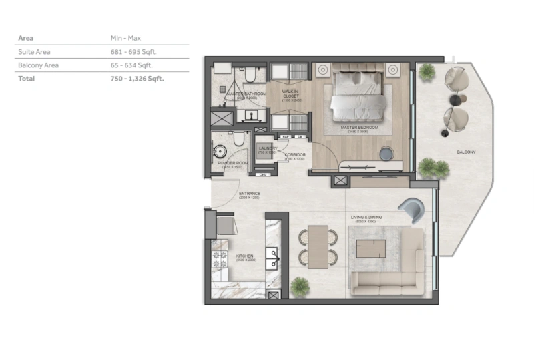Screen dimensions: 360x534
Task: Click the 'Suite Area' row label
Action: pyautogui.click(x=34, y=51)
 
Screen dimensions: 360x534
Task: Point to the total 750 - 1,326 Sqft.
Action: pyautogui.click(x=138, y=79)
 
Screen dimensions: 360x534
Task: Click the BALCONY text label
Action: pyautogui.click(x=466, y=152)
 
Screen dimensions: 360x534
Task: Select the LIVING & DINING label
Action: pyautogui.click(x=371, y=217)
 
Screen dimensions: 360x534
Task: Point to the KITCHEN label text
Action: pyautogui.click(x=244, y=256)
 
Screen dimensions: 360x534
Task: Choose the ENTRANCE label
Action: pyautogui.click(x=249, y=194)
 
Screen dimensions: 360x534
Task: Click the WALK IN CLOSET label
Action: pyautogui.click(x=290, y=94)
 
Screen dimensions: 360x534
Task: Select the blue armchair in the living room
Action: pyautogui.click(x=411, y=212)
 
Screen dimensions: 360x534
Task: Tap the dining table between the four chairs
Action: pyautogui.click(x=318, y=246)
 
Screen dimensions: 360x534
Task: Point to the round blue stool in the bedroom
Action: pyautogui.click(x=387, y=154)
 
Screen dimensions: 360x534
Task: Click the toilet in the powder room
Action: pyautogui.click(x=236, y=140)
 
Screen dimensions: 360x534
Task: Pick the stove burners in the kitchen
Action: pyautogui.click(x=219, y=259)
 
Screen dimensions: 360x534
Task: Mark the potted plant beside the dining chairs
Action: pyautogui.click(x=300, y=286)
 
